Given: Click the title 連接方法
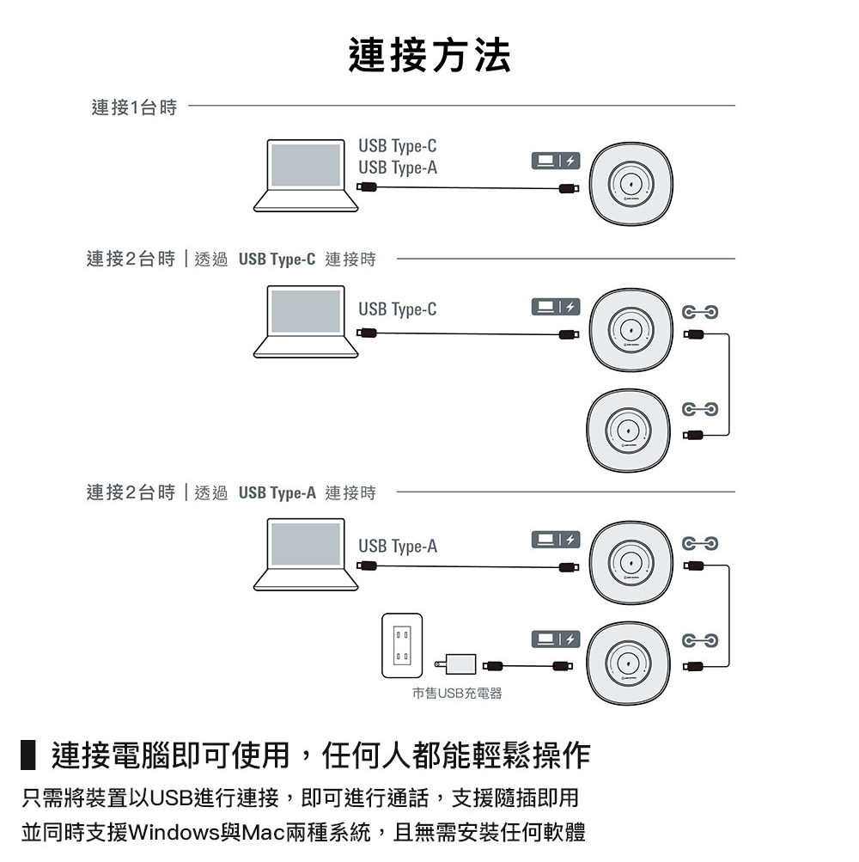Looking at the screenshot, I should (x=429, y=56).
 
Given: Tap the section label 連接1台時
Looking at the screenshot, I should (x=134, y=107).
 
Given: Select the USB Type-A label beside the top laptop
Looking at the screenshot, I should (x=397, y=168).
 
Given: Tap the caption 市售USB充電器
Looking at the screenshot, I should (x=456, y=693).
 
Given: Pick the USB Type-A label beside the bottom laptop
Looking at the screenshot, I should (x=397, y=547).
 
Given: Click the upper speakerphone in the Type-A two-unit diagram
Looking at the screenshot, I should (x=631, y=563).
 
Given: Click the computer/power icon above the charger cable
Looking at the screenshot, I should (x=554, y=637).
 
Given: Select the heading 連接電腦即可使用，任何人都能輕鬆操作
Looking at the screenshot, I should (x=320, y=755).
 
